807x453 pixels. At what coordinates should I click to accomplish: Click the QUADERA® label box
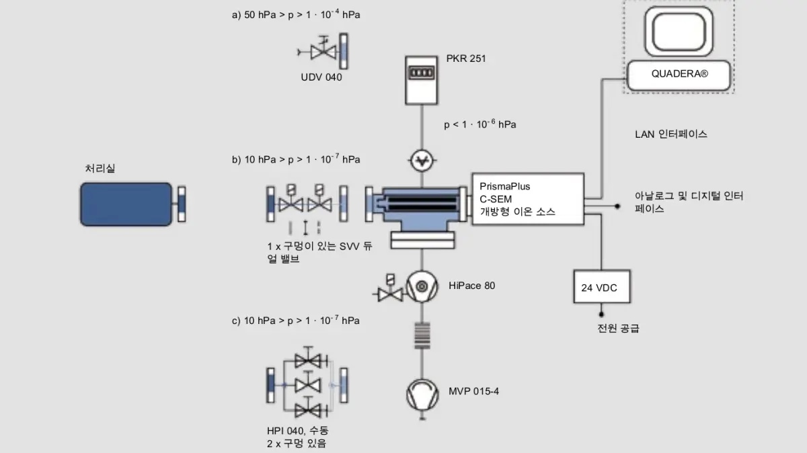coord(679,75)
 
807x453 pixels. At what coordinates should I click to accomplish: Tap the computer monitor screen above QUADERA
coord(679,32)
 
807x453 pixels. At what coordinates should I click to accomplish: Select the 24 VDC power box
coord(602,286)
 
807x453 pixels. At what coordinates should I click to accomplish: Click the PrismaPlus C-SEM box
coord(528,199)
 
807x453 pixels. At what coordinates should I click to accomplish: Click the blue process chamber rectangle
coord(126,204)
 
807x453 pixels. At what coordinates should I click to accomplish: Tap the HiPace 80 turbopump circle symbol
coord(422,286)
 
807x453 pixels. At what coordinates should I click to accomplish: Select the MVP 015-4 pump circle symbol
coord(422,395)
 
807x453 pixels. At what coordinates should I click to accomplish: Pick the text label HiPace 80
coord(471,286)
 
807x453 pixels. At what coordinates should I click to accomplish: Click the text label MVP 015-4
coord(473,391)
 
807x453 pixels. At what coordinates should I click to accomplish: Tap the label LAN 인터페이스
coord(671,134)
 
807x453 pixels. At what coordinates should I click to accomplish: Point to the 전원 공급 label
coord(618,329)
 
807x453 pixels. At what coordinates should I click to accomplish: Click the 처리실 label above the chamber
coord(100,168)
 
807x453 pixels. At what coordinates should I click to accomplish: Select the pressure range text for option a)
coord(296,14)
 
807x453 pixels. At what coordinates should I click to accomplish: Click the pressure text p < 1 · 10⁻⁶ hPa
coord(480,124)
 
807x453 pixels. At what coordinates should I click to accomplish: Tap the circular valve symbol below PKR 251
coord(422,160)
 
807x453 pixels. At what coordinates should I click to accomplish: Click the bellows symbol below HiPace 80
coord(422,335)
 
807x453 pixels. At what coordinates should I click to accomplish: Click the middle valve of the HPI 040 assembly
coord(308,384)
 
